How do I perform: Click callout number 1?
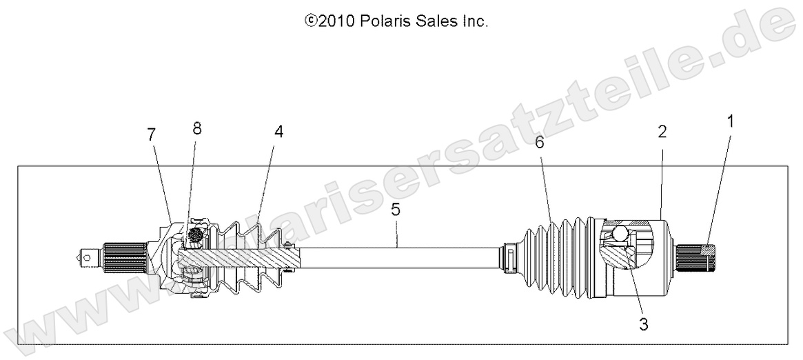click(730, 122)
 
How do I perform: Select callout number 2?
click(662, 132)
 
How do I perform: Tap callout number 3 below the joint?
click(642, 322)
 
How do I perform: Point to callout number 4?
click(278, 131)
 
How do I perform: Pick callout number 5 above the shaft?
click(396, 210)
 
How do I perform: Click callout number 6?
click(540, 143)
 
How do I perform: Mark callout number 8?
click(198, 128)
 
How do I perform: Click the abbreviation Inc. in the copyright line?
click(475, 21)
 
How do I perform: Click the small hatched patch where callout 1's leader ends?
click(709, 248)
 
